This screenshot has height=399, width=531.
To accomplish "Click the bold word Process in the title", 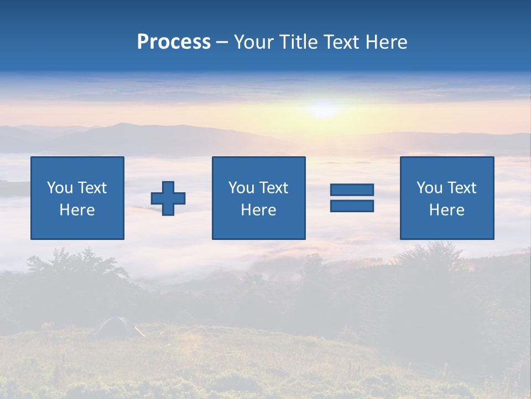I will (174, 42).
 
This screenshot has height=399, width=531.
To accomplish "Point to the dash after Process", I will (222, 43).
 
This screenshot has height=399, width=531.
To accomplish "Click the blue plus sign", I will (168, 198).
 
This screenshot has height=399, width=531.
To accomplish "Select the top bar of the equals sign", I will (352, 190).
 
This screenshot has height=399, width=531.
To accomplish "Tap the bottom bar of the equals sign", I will (352, 206).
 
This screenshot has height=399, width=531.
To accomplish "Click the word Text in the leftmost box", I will (92, 188).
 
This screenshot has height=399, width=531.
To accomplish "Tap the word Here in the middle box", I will (258, 210).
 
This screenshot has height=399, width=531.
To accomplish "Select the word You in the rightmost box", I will (429, 188).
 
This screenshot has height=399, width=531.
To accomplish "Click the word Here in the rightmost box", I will (446, 210).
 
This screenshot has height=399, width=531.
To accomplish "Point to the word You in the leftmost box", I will (60, 188).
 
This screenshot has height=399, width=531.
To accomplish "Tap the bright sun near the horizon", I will (323, 108).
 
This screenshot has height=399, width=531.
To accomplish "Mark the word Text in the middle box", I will (273, 188).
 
